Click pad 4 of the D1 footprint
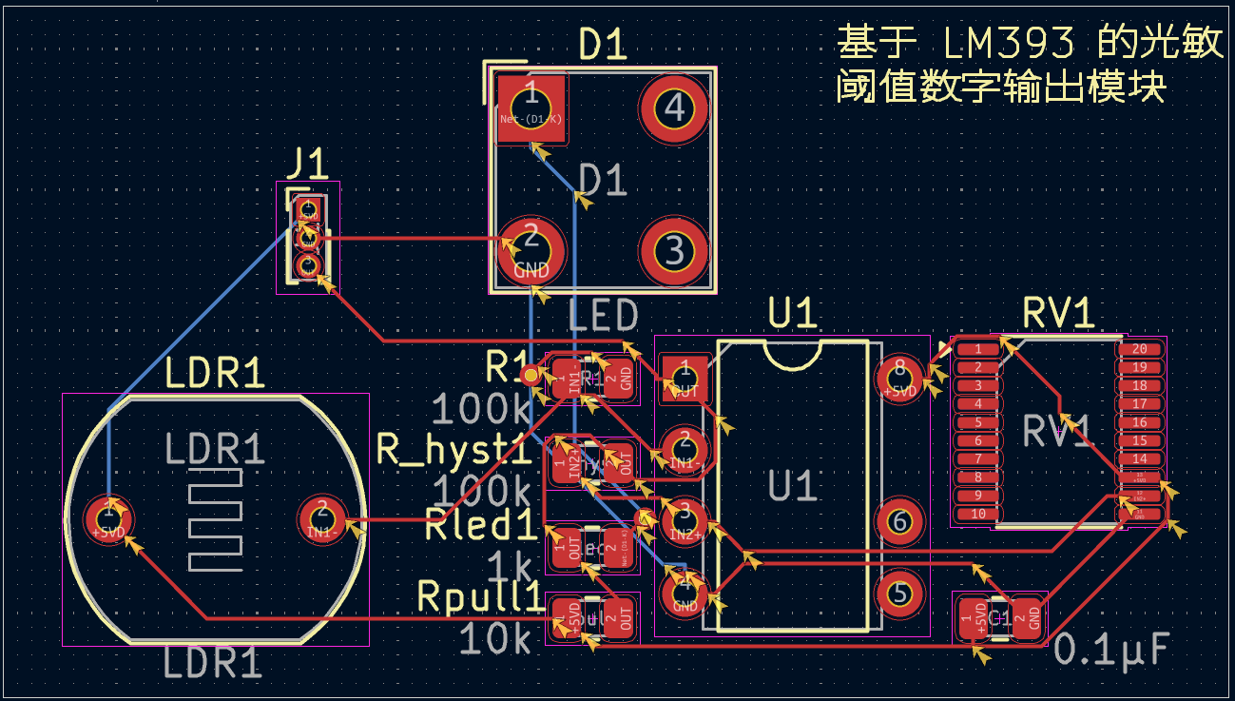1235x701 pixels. (x=674, y=108)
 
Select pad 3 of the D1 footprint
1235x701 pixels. (x=674, y=250)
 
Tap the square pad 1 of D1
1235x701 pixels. (x=531, y=107)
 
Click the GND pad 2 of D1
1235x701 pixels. (x=531, y=249)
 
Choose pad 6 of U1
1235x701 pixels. (x=898, y=520)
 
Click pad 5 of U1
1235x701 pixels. (x=898, y=594)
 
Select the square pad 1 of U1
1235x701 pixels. (x=684, y=375)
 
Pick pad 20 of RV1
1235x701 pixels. (x=1139, y=349)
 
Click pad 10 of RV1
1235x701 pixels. (x=977, y=514)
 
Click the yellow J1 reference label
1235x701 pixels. (x=308, y=165)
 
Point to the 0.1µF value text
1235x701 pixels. (x=1110, y=651)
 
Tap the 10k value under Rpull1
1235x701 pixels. (x=495, y=639)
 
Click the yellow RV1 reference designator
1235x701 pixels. (x=1058, y=313)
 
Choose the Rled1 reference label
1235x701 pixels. (x=482, y=525)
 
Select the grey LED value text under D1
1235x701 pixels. (x=603, y=315)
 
